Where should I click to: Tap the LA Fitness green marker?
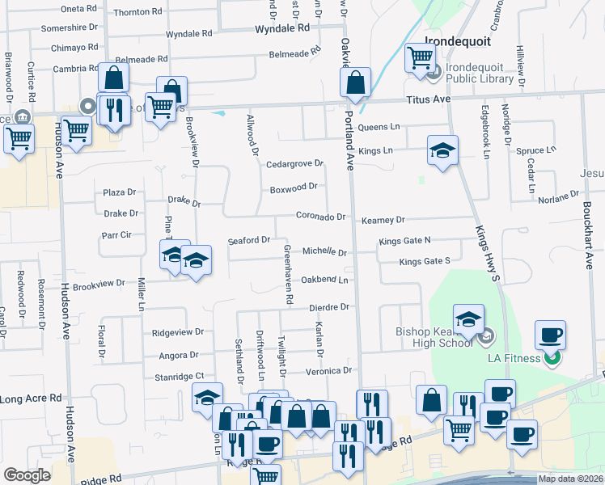pyautogui.click(x=552, y=356)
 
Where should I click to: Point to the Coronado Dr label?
pyautogui.click(x=320, y=217)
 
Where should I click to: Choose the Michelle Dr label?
pyautogui.click(x=324, y=251)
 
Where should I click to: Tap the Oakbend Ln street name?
pyautogui.click(x=324, y=280)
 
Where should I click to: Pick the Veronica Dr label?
pyautogui.click(x=329, y=370)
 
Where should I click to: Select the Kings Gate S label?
pyautogui.click(x=425, y=261)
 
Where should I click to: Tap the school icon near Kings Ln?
pyautogui.click(x=442, y=150)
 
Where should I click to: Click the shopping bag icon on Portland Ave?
pyautogui.click(x=355, y=82)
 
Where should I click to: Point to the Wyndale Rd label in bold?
pyautogui.click(x=282, y=27)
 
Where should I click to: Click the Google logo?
pyautogui.click(x=27, y=475)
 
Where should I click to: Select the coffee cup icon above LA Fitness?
pyautogui.click(x=550, y=335)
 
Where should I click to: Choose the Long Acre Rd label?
pyautogui.click(x=31, y=399)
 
